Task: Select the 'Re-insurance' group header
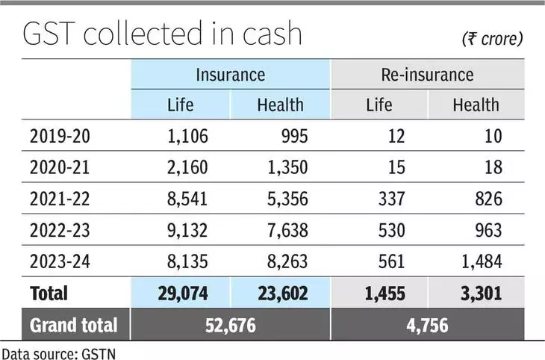[x=427, y=74]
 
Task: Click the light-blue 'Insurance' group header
[x=230, y=74]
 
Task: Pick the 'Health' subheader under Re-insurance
[x=476, y=104]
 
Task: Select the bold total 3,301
[x=476, y=294]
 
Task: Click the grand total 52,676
[x=229, y=325]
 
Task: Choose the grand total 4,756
[x=427, y=325]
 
